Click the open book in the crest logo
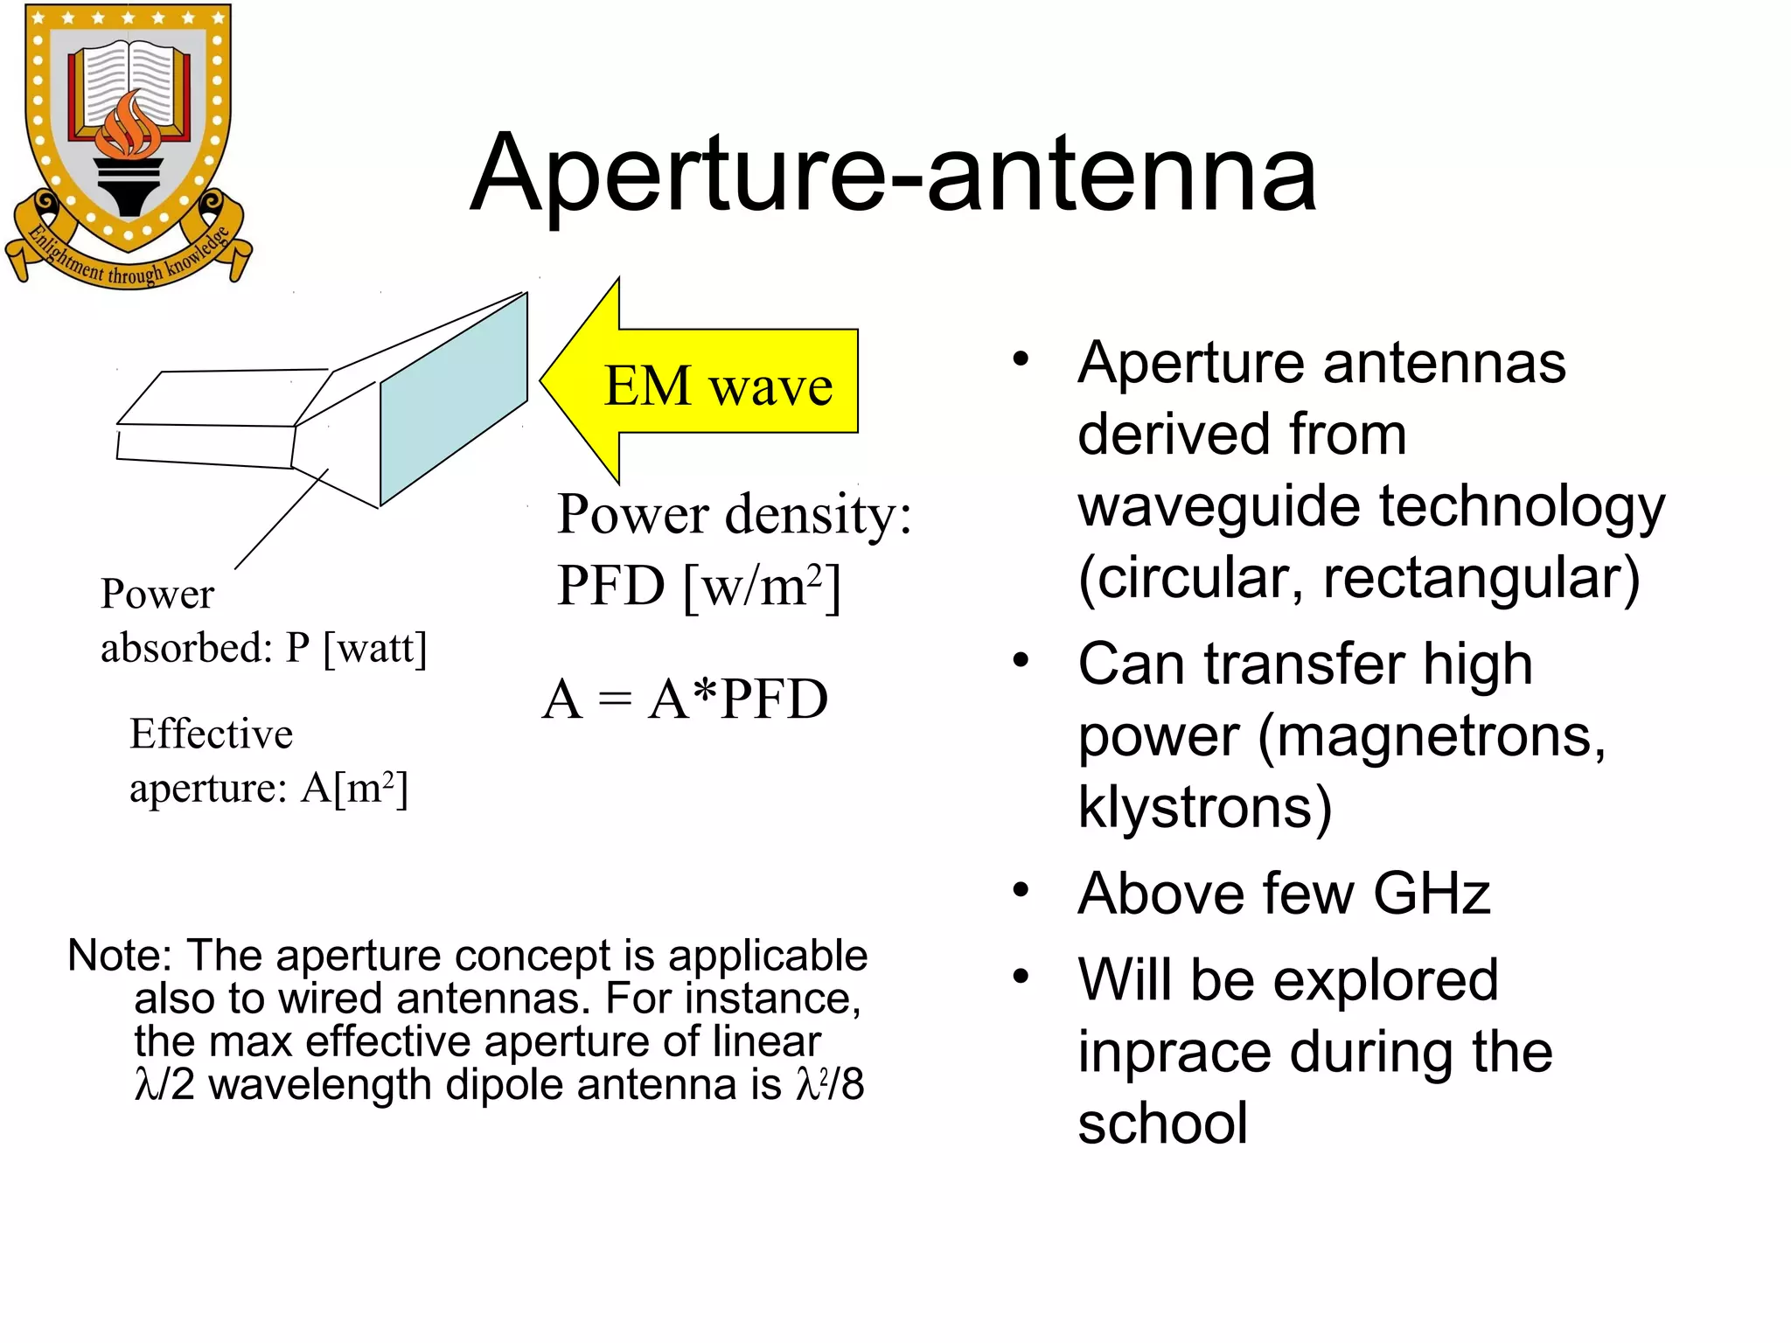130,83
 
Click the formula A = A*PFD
685,699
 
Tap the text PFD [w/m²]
698,586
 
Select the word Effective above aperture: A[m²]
211,734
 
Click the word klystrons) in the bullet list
1204,806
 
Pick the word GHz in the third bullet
1431,894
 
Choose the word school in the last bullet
1162,1124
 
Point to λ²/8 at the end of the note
829,1085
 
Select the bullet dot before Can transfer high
1021,661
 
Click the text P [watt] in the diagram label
357,648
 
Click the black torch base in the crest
129,187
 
